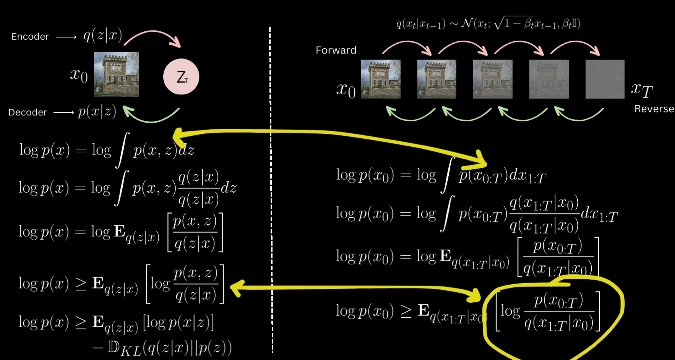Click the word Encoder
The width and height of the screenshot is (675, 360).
pyautogui.click(x=30, y=37)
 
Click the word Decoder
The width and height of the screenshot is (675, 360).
pyautogui.click(x=28, y=112)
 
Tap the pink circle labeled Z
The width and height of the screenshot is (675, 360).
pyautogui.click(x=181, y=77)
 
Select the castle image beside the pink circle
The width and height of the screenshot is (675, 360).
pyautogui.click(x=117, y=74)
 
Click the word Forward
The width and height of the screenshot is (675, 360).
pyautogui.click(x=336, y=50)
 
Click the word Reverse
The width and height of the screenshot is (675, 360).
pyautogui.click(x=654, y=109)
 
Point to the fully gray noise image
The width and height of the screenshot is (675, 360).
pyautogui.click(x=605, y=79)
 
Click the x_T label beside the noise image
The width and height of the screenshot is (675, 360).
pyautogui.click(x=642, y=90)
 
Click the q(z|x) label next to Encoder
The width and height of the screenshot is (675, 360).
pyautogui.click(x=103, y=36)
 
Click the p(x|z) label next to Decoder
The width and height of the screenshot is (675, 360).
pyautogui.click(x=97, y=112)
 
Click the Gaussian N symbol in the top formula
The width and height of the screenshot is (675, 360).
pyautogui.click(x=466, y=24)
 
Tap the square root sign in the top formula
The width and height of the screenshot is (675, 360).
pyautogui.click(x=498, y=24)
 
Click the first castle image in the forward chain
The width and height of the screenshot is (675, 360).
pyautogui.click(x=381, y=79)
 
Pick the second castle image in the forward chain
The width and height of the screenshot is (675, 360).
pyautogui.click(x=437, y=79)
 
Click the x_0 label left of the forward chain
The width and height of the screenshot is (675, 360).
pyautogui.click(x=346, y=90)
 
